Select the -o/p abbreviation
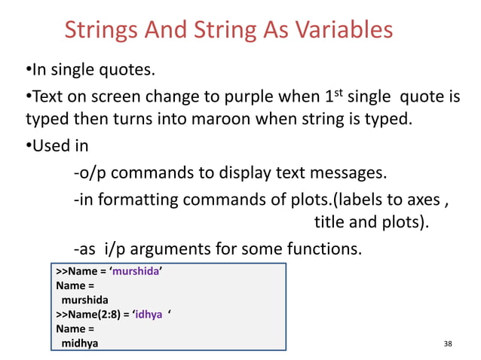(90, 174)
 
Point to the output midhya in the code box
(79, 343)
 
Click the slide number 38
(449, 344)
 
